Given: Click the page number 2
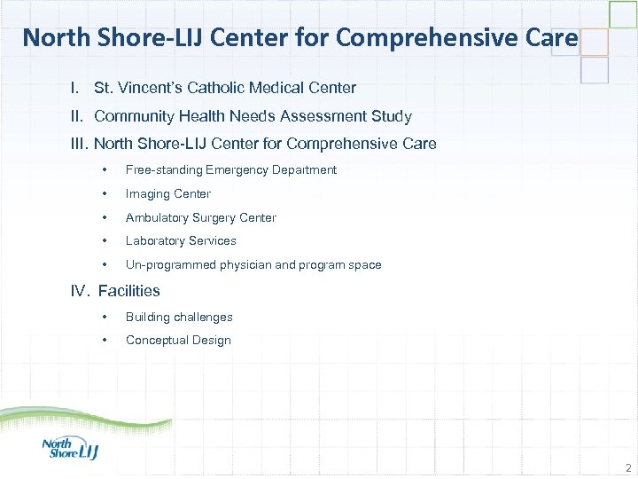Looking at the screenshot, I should coord(627,467).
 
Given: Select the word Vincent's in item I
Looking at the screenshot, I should coord(144,88).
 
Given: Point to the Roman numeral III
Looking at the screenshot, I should coord(80,144).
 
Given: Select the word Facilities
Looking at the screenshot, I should coord(129,290).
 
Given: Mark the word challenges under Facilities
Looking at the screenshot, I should coord(203,317).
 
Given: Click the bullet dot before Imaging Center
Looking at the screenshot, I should coord(105,194).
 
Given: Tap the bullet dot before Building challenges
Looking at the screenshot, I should coord(105,317).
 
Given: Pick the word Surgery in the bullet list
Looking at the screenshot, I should coord(219,217).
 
